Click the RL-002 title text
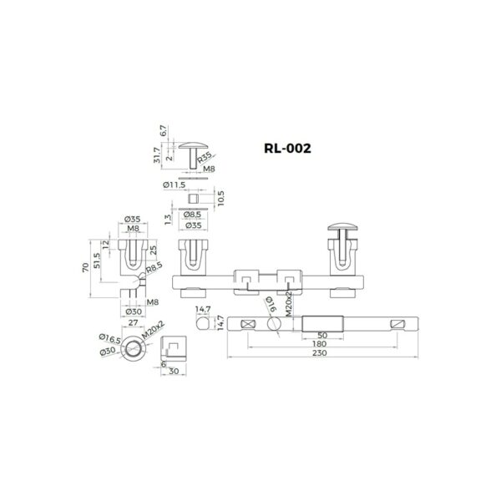[286, 148]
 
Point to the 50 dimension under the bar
[323, 334]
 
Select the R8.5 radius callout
[154, 270]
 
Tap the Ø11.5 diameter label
[173, 184]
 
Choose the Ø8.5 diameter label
[194, 214]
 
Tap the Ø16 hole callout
[269, 301]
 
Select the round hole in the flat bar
[271, 324]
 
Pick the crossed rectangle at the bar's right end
[398, 324]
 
